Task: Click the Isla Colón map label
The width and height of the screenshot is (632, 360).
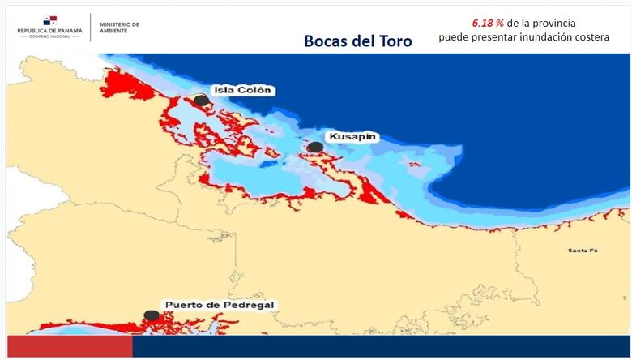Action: point(242,90)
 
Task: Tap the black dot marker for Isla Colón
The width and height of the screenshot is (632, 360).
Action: point(201,100)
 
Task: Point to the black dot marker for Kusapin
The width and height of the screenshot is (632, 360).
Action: point(315,147)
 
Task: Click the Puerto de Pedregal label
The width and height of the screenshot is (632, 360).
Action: point(220,306)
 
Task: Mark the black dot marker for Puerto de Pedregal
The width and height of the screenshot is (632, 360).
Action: point(152,315)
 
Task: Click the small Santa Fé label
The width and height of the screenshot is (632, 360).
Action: point(583,251)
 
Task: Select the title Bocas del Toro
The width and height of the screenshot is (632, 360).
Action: point(357,41)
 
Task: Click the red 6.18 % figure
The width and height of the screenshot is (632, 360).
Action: point(488,23)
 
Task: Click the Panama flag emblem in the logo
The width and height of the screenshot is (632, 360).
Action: point(50,20)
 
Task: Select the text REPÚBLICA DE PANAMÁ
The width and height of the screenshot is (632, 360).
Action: point(50,31)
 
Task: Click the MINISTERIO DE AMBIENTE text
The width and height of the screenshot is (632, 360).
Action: point(119,28)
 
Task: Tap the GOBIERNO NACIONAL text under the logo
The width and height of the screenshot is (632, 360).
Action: point(50,37)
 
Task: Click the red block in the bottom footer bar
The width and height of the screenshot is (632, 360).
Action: point(70,347)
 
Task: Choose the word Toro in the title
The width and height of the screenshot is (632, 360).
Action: point(393,41)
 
